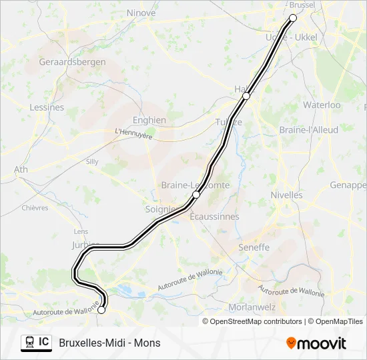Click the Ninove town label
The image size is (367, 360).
pos(141,13)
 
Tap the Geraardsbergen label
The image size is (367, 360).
pos(68,61)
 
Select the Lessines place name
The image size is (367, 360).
pos(47,107)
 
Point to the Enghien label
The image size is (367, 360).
pos(149,120)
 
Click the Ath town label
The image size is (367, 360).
pos(21,169)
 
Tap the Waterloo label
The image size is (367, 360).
pos(322,105)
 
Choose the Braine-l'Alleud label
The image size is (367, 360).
pos(308,129)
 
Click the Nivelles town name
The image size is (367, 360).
pos(286,195)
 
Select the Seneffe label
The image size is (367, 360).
pos(254,247)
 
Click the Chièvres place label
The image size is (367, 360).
pos(35,207)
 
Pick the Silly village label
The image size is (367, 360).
pos(92,161)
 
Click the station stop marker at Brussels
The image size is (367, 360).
pos(293,18)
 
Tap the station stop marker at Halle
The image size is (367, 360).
pos(246,96)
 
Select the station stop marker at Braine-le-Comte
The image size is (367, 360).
pos(196,195)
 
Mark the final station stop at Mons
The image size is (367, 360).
pos(101,309)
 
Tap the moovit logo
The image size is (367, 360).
pos(316,343)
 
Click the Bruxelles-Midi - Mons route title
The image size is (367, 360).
pos(109,343)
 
